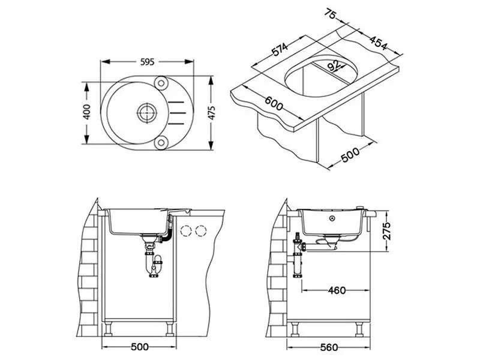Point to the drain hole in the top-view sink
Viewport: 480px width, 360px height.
tap(145, 111)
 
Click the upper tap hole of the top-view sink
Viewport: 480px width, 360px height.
tap(161, 82)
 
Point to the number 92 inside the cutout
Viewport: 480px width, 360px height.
tap(334, 65)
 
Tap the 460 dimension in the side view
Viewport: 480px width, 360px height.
tap(337, 290)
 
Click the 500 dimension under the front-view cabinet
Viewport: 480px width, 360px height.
tap(139, 347)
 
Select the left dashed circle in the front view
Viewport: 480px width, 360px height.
tap(188, 229)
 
